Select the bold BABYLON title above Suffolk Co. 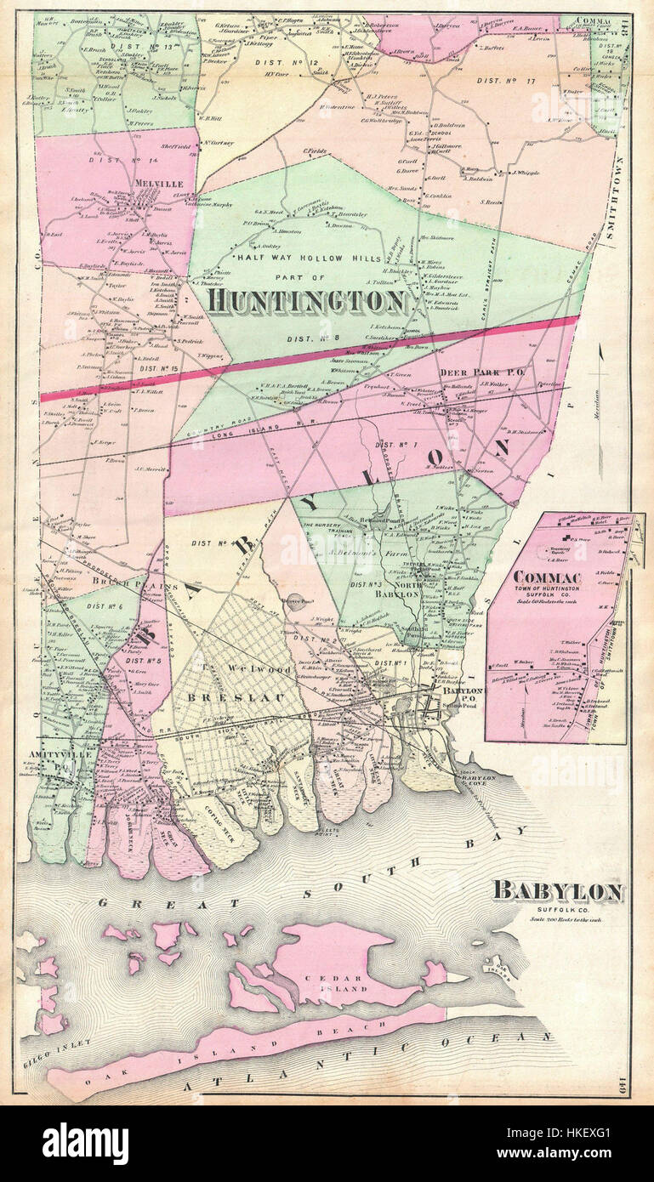(x=559, y=891)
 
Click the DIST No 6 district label (x=100, y=605)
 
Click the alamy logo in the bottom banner (x=86, y=1144)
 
